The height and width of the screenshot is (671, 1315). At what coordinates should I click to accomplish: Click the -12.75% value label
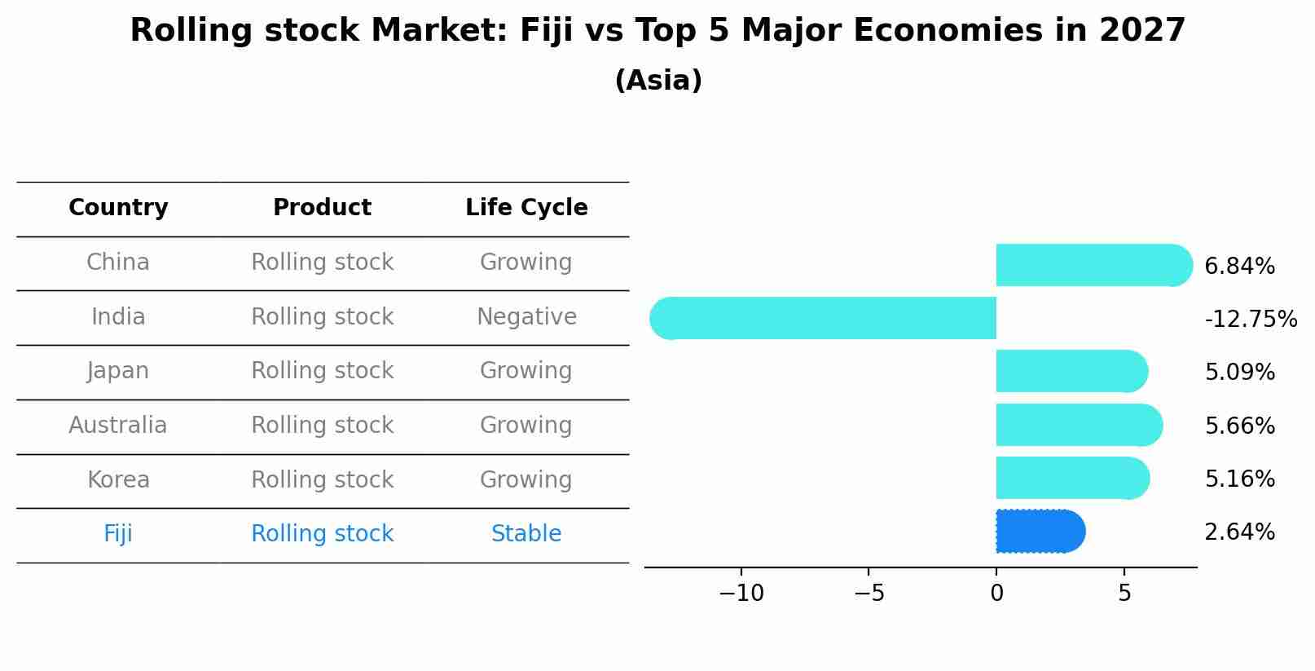(x=1251, y=320)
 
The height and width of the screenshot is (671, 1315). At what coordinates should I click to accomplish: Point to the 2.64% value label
(x=1239, y=532)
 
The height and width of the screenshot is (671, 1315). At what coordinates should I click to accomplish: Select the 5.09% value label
(x=1239, y=373)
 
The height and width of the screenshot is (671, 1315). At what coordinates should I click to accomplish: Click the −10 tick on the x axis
(x=741, y=594)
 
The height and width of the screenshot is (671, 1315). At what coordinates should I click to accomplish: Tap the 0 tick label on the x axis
(x=996, y=594)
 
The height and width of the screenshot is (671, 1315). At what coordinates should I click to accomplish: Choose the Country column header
(x=118, y=208)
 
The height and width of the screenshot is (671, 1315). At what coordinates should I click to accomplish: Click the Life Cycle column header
(x=526, y=208)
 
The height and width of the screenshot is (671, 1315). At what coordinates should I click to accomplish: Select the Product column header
(x=322, y=208)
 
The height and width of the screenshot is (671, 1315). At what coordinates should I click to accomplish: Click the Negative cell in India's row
(x=526, y=317)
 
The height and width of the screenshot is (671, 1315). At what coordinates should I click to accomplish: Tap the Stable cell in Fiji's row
(x=526, y=534)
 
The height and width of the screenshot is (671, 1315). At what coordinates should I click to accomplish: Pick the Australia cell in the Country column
(x=118, y=426)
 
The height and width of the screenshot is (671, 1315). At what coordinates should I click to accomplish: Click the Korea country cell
(x=118, y=480)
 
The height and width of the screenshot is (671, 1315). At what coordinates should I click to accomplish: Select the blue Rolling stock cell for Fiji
(x=322, y=534)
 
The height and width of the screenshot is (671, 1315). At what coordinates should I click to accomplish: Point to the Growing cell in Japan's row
(x=526, y=371)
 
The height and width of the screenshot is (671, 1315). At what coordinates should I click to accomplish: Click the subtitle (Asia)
(x=657, y=81)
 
